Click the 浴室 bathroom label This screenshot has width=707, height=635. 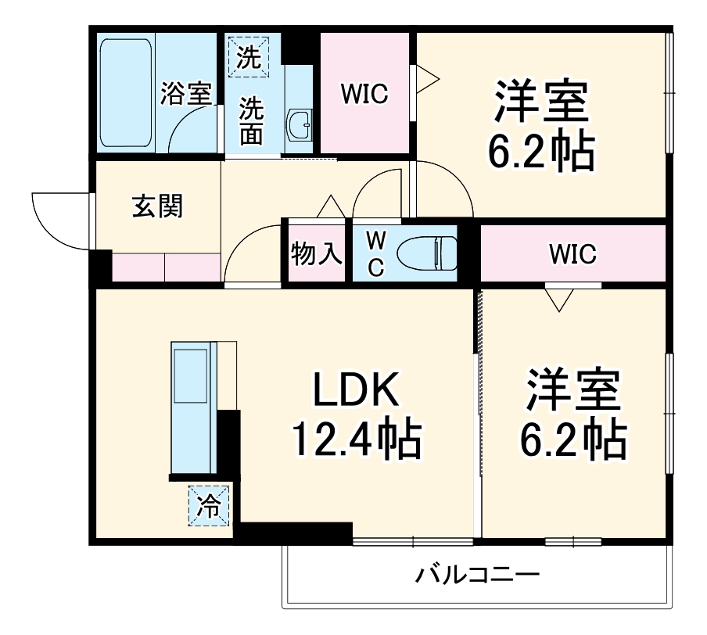coord(186,94)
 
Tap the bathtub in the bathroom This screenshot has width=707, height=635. coord(126,91)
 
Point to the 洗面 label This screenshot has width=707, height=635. coord(250,120)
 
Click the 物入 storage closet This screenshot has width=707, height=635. coord(316,253)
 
